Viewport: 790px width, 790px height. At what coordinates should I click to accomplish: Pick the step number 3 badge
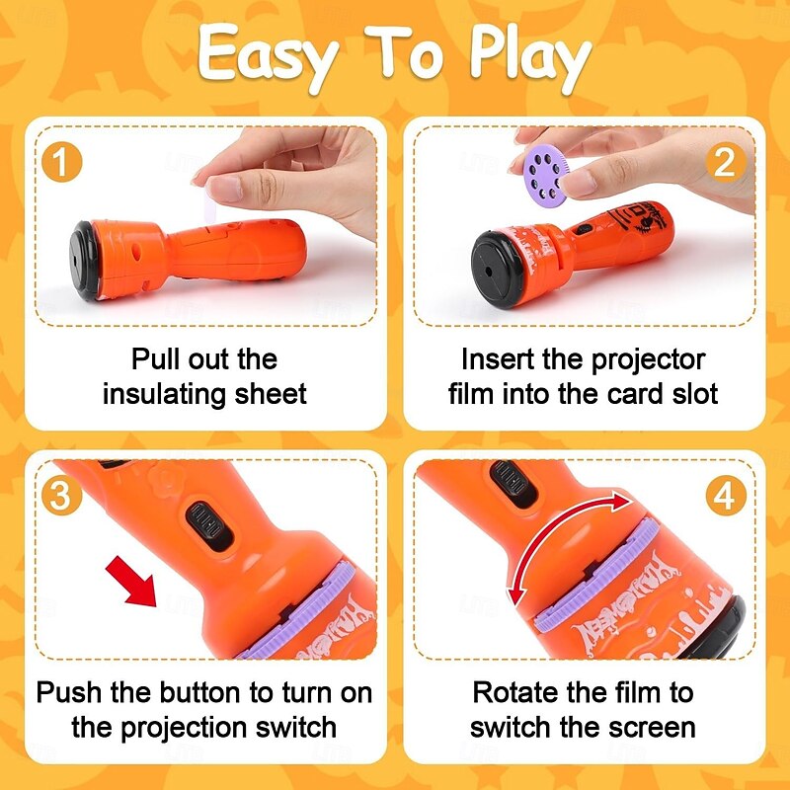61,497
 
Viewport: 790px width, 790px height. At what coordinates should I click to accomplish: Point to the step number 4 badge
725,497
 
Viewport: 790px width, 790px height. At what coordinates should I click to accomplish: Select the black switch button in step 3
208,520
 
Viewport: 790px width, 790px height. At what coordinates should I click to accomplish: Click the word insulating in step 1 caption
164,394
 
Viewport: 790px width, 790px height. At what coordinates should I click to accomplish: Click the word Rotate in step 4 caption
519,692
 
